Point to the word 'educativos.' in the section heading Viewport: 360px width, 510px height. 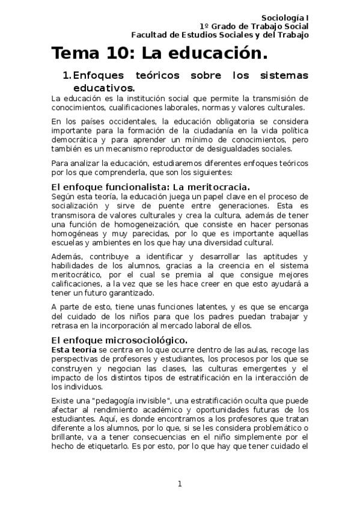click(x=103, y=88)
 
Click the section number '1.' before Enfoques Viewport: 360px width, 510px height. click(x=67, y=76)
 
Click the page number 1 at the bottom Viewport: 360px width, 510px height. click(x=179, y=483)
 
